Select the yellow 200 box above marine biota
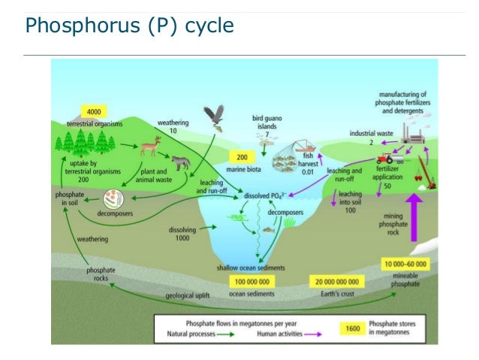(x=242, y=159)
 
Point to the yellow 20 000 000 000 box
(x=335, y=281)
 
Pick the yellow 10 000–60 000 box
(x=405, y=264)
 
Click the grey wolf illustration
(x=181, y=162)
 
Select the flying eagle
(x=215, y=117)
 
